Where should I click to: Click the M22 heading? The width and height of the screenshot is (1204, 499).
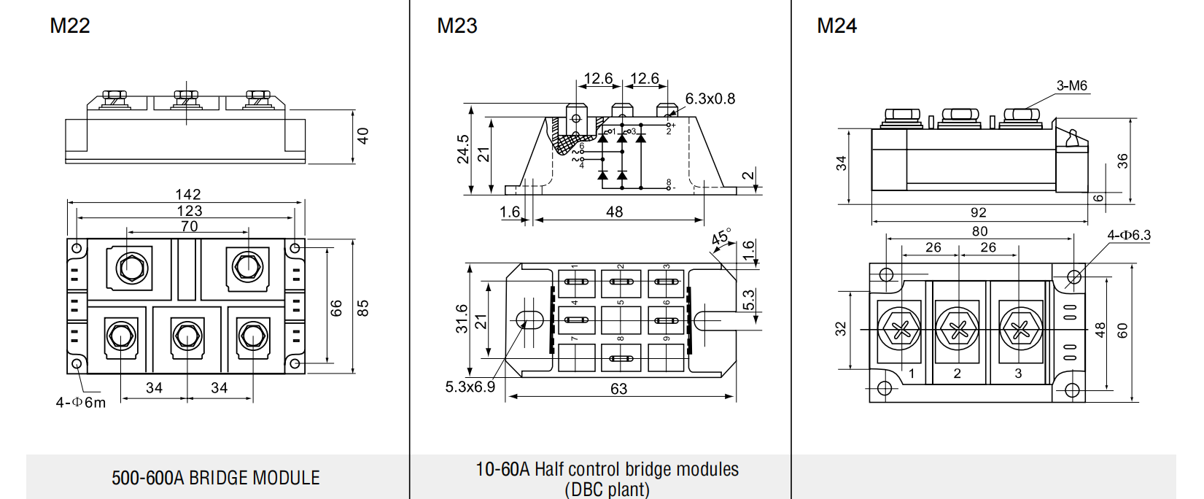pos(70,26)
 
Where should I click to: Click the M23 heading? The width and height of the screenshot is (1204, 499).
pos(457,26)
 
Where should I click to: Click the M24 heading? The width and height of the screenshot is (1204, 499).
pos(836,26)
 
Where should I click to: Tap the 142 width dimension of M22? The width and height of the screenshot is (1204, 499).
pos(188,194)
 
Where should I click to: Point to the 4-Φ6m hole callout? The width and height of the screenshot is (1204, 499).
pos(81,402)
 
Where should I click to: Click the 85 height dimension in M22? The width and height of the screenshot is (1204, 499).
pos(363,308)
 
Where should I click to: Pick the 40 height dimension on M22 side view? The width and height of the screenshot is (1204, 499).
pos(363,136)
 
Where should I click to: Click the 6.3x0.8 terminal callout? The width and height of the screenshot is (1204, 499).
pos(710,98)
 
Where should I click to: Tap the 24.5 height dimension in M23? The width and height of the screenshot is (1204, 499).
pos(462,149)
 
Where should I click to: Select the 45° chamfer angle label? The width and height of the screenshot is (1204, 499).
pos(721,236)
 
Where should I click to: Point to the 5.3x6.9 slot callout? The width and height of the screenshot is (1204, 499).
pos(470,387)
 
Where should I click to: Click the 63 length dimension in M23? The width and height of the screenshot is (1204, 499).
pos(618,389)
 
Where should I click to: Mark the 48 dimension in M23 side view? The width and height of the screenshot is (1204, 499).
pos(615,212)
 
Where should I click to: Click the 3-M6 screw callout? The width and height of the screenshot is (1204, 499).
pos(1072,85)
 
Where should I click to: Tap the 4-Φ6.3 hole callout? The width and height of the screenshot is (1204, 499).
pos(1129,235)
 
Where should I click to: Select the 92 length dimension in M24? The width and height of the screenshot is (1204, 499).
pos(979,212)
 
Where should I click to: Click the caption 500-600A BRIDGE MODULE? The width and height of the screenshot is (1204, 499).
pos(216,478)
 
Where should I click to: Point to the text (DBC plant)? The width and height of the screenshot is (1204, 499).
pos(607,490)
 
